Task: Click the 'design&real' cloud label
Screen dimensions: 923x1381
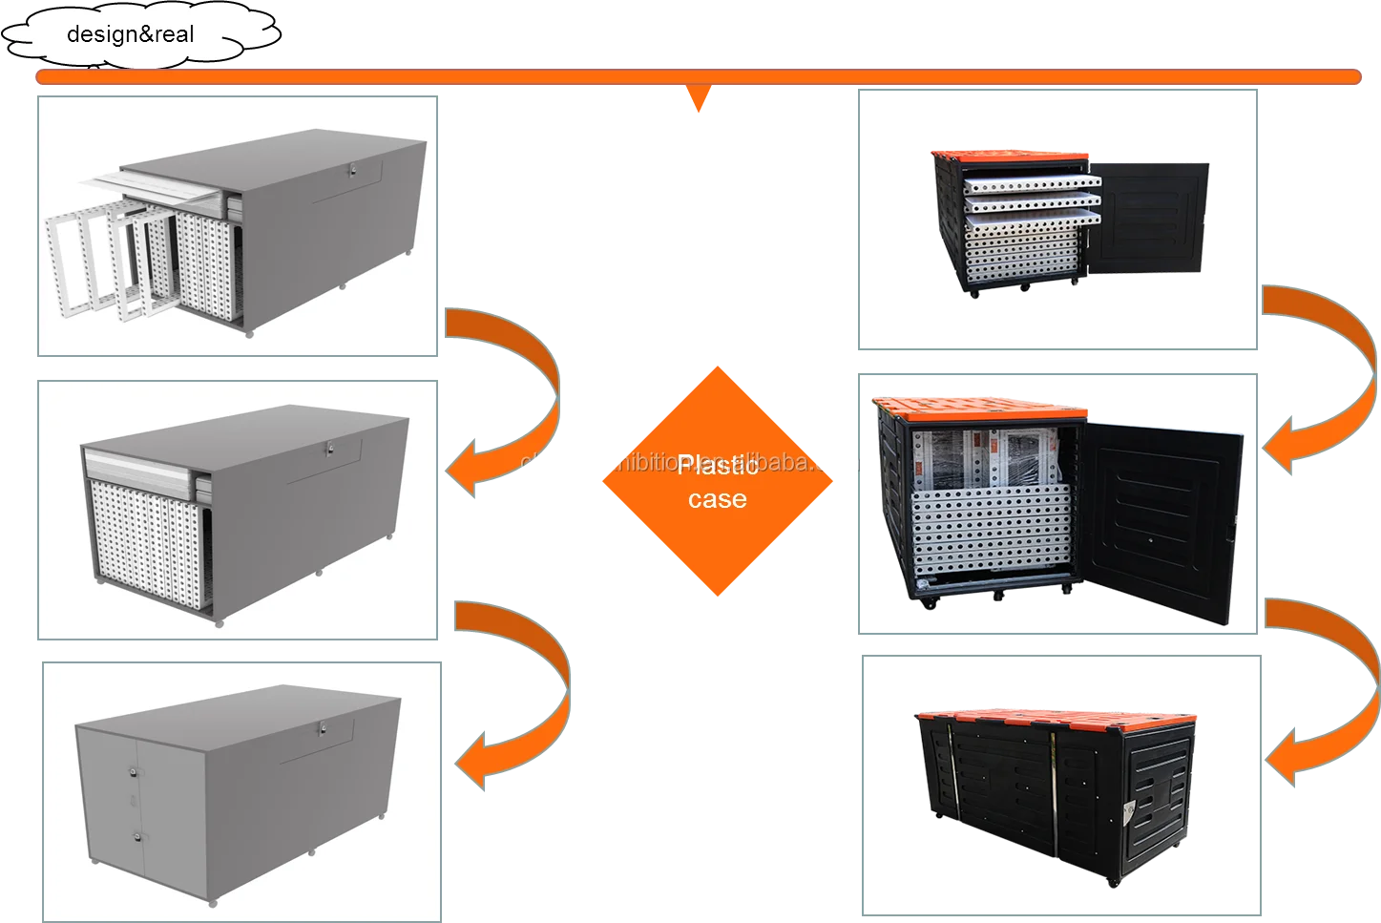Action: click(131, 35)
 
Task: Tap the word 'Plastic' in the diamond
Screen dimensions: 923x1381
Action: click(718, 466)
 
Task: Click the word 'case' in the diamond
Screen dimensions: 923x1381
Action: click(718, 499)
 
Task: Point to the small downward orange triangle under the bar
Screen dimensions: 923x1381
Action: click(699, 97)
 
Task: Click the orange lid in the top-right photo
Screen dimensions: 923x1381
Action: click(1012, 156)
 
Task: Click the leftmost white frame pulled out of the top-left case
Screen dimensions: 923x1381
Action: click(73, 258)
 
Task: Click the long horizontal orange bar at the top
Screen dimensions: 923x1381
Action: click(697, 76)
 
